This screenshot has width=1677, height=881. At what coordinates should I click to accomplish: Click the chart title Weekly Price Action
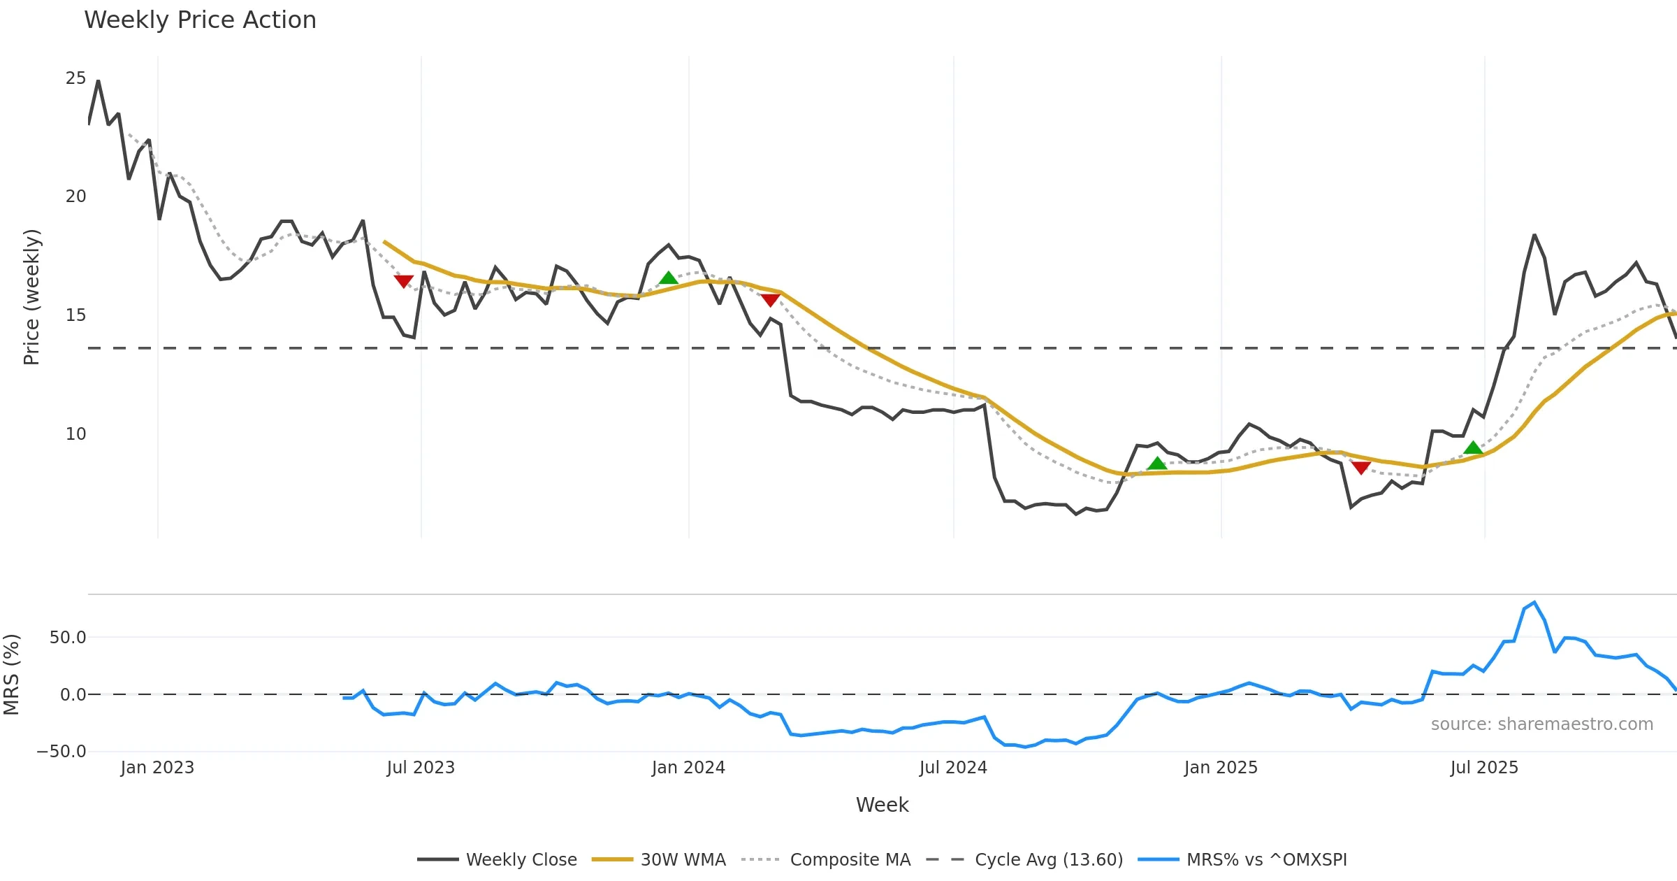pyautogui.click(x=200, y=20)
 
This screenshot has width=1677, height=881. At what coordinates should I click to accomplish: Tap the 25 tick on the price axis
pyautogui.click(x=75, y=78)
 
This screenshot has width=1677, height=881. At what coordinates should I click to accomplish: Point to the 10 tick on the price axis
pyautogui.click(x=75, y=434)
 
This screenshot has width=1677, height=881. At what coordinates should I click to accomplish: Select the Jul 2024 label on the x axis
pyautogui.click(x=953, y=768)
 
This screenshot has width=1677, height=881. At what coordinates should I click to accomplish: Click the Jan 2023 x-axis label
pyautogui.click(x=157, y=768)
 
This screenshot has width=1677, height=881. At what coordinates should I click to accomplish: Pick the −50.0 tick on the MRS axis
pyautogui.click(x=61, y=752)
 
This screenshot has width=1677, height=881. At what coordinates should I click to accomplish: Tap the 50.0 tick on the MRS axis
pyautogui.click(x=68, y=638)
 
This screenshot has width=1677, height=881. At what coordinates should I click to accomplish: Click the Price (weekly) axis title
pyautogui.click(x=32, y=297)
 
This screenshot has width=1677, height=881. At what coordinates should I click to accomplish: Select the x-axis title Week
pyautogui.click(x=882, y=805)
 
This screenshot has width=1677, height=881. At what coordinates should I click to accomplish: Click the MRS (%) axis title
pyautogui.click(x=12, y=675)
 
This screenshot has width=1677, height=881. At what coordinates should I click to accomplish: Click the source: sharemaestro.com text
pyautogui.click(x=1541, y=724)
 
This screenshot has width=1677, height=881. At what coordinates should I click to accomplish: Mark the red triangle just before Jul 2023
pyautogui.click(x=403, y=281)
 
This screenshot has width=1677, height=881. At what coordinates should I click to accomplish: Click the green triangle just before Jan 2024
pyautogui.click(x=669, y=278)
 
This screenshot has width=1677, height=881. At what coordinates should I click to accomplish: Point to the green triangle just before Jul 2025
pyautogui.click(x=1473, y=447)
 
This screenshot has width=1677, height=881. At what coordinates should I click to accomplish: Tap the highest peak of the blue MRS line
pyautogui.click(x=1534, y=603)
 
